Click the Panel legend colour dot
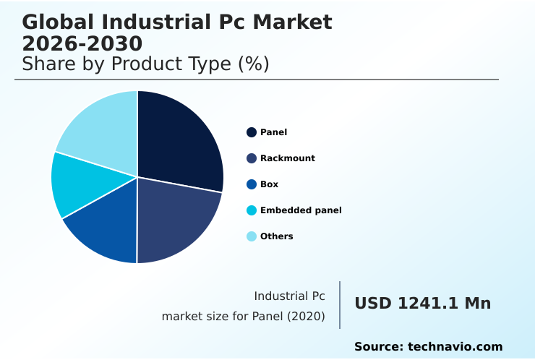tap(252, 132)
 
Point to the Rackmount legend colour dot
tap(252, 158)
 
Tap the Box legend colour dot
tap(252, 184)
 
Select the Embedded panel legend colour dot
tap(252, 210)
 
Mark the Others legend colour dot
tap(252, 236)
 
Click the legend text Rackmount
tap(288, 158)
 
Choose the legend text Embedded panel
tap(301, 210)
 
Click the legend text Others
tap(277, 236)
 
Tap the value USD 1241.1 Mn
tap(422, 304)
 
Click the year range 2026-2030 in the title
tap(82, 44)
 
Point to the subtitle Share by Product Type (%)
tap(145, 64)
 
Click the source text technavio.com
tap(455, 347)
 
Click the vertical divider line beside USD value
tap(340, 305)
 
